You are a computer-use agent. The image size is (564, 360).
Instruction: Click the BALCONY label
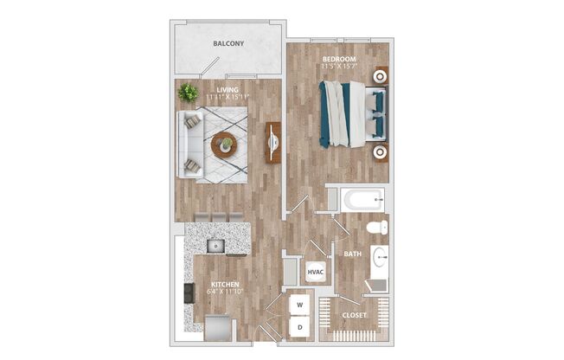click(x=228, y=43)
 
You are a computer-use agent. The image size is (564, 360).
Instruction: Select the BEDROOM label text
click(x=338, y=59)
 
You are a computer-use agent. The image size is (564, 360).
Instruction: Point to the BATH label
click(x=352, y=254)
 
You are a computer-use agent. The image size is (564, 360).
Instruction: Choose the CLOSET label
click(x=353, y=316)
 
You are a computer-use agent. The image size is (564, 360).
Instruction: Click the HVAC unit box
click(x=316, y=272)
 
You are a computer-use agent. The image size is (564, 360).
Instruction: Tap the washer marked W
click(x=300, y=305)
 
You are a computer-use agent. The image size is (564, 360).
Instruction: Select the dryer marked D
click(x=300, y=328)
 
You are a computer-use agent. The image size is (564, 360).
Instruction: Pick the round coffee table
click(x=223, y=145)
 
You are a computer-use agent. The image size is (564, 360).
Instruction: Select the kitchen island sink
click(x=215, y=246)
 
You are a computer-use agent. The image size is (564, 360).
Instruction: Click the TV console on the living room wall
click(x=273, y=142)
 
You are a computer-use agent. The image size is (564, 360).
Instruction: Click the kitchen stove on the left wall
click(x=189, y=292)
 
